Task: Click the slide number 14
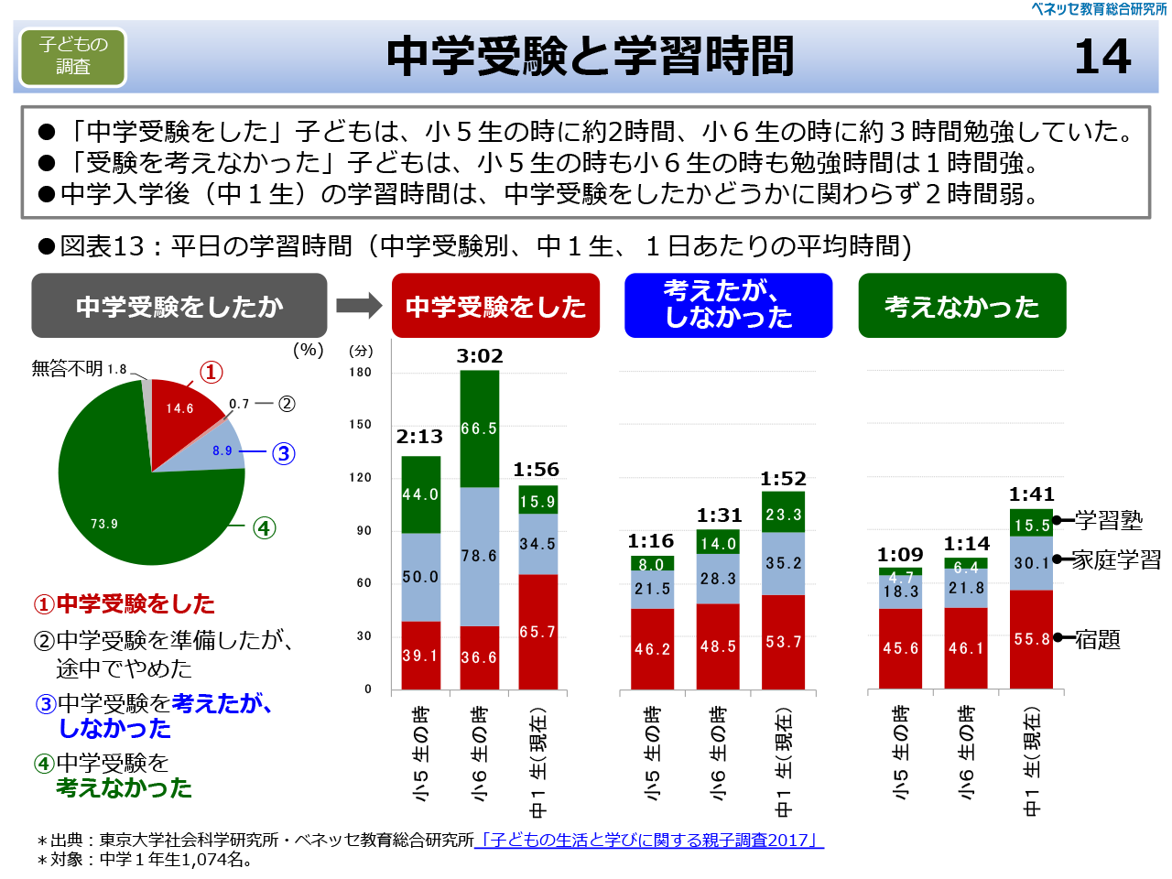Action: point(1102,57)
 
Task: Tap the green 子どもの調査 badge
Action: point(73,57)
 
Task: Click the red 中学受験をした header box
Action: point(495,306)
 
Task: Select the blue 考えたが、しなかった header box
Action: point(728,305)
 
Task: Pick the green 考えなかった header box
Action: point(961,306)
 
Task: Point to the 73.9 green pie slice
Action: point(119,513)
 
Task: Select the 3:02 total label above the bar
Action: point(480,356)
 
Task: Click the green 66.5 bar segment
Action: point(479,429)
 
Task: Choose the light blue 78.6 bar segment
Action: point(479,556)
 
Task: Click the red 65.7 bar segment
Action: point(537,632)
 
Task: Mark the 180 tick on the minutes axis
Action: point(361,373)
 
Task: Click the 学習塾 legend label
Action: point(1109,520)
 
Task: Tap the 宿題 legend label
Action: point(1097,639)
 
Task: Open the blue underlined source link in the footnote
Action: point(649,840)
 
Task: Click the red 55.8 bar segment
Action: point(1032,639)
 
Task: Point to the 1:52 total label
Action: point(783,479)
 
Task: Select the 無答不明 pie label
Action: point(68,368)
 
